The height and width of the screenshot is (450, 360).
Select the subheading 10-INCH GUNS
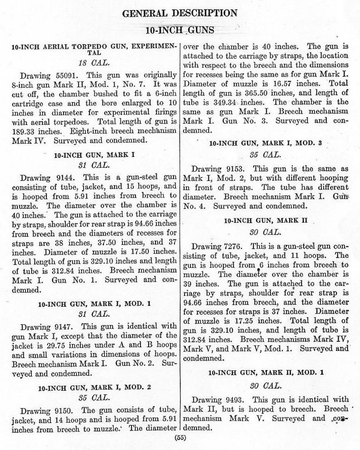coord(180,30)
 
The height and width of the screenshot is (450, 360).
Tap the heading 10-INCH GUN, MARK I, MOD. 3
coord(266,143)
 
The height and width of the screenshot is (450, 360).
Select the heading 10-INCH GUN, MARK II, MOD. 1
coord(266,372)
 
